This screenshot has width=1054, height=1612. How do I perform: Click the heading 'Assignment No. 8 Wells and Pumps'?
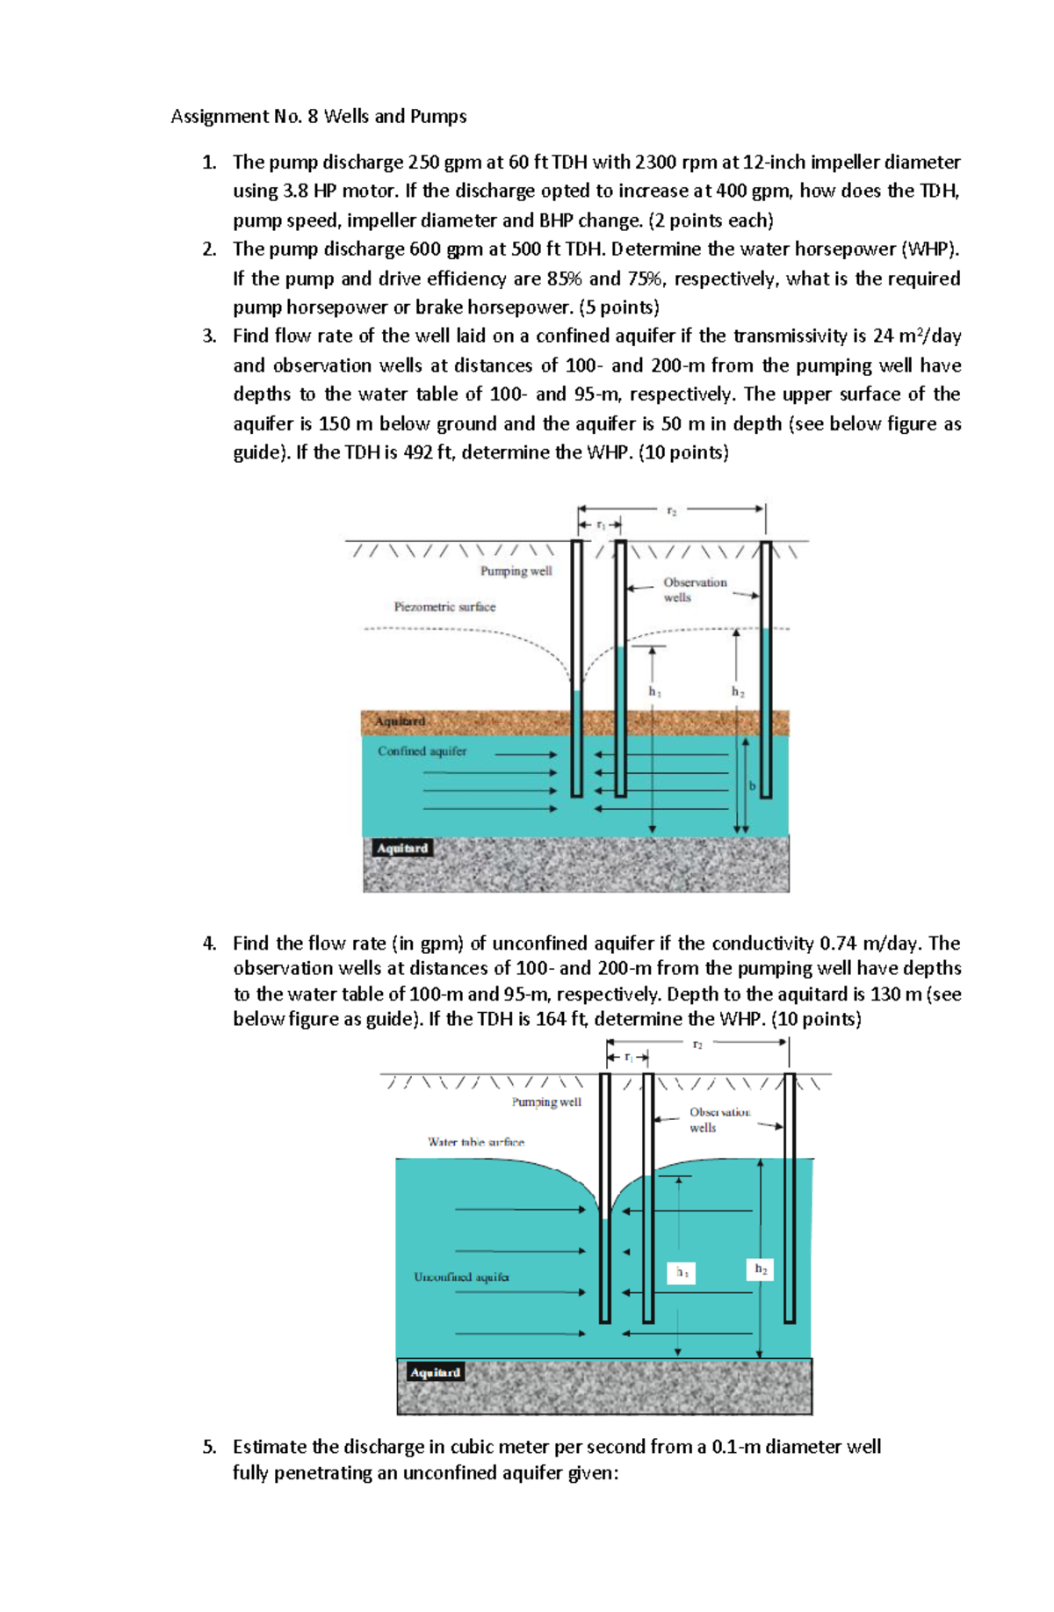coord(318,117)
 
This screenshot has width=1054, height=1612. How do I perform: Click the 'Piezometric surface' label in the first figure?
coord(444,606)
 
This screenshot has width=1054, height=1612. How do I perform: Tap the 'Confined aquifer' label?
coord(422,751)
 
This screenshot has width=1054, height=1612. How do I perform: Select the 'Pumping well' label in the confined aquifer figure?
coord(516,571)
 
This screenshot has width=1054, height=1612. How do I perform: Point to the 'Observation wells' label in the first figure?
coord(694,589)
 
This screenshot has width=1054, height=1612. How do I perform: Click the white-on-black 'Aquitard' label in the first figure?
coord(401,848)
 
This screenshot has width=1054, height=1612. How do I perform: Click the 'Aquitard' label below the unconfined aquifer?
coord(435,1372)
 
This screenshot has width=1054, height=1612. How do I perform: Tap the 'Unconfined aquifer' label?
coord(461,1276)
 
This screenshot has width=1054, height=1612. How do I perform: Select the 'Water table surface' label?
coord(475,1142)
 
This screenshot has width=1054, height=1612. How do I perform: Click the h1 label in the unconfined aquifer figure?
coord(682,1272)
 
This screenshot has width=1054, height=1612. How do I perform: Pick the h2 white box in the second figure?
coord(760,1269)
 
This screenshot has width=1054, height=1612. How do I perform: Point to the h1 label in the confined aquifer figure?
coord(654,692)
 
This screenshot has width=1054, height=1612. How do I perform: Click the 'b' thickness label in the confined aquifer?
coord(752,785)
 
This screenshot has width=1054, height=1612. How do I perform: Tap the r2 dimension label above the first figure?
coord(672,510)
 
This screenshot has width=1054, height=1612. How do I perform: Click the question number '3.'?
coord(209,336)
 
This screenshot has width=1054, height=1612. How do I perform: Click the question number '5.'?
coord(209,1447)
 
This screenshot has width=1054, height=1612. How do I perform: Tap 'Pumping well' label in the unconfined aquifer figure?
coord(546,1102)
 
